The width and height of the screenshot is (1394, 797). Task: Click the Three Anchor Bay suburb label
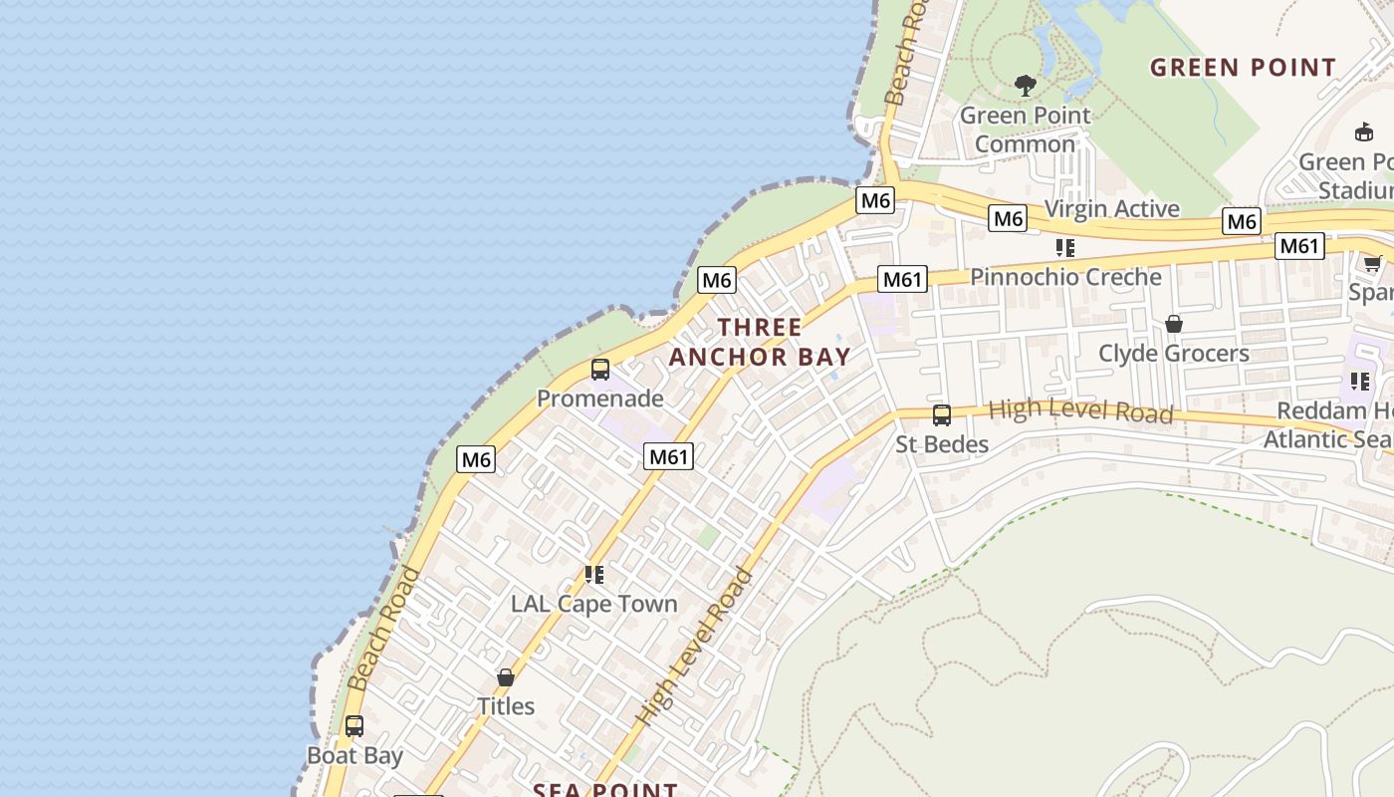(x=760, y=342)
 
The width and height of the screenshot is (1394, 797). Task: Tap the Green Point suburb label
(x=1243, y=68)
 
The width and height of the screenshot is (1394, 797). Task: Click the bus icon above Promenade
(x=599, y=370)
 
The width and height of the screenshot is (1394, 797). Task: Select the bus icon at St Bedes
(x=941, y=415)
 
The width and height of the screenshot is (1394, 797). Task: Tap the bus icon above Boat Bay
(x=354, y=726)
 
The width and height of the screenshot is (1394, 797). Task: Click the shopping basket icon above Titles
(x=506, y=677)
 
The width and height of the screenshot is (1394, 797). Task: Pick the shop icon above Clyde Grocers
(x=1174, y=324)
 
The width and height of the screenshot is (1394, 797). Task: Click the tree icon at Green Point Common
(x=1025, y=86)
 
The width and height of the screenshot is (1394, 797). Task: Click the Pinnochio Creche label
(x=1065, y=277)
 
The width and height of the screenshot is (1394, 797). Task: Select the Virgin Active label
(x=1111, y=208)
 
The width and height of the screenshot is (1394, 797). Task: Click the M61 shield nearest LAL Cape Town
(x=668, y=456)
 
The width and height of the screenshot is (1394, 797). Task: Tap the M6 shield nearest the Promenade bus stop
(x=717, y=280)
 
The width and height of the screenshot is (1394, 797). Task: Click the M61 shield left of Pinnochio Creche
(x=902, y=279)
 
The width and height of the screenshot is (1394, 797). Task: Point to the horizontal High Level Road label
(x=1080, y=410)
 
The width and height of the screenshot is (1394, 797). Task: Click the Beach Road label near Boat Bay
(x=384, y=629)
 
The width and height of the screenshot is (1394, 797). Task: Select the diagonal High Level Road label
(x=695, y=648)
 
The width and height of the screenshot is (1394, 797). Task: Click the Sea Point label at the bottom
(x=604, y=790)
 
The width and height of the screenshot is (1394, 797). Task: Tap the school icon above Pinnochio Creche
(x=1065, y=247)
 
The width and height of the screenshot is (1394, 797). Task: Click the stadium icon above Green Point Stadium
(x=1364, y=132)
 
